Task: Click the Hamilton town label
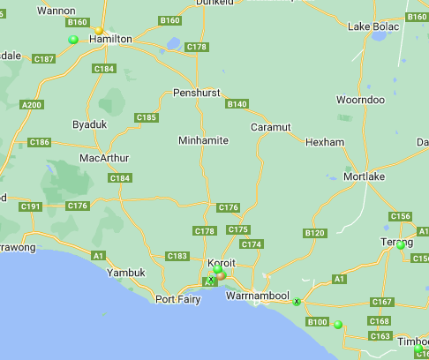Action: tap(110, 40)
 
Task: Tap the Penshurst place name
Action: tap(196, 93)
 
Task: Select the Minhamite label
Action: tap(203, 140)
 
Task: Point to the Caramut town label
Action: tap(270, 127)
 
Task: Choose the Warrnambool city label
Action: tap(258, 295)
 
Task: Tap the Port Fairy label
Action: tap(177, 299)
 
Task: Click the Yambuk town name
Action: tap(125, 273)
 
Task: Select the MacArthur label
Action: tap(104, 158)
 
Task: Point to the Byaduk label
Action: tap(89, 124)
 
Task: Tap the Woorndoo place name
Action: tap(360, 101)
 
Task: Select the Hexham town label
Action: tap(322, 142)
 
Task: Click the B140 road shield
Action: tap(237, 104)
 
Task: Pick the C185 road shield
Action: tap(147, 117)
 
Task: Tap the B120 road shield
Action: tap(314, 233)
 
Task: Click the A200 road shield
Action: tap(32, 105)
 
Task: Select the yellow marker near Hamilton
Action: tap(100, 31)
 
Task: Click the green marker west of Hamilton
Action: tap(73, 40)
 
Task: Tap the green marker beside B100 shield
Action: tap(338, 325)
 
